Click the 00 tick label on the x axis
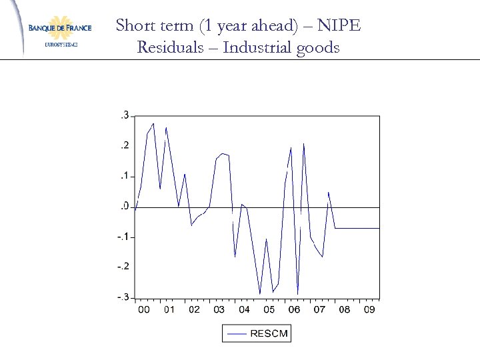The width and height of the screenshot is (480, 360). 143,310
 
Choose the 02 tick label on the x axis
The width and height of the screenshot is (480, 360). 194,310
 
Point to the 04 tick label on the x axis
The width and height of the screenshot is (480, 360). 244,310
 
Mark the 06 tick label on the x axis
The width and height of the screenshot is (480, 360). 294,310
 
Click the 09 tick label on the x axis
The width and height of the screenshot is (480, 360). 369,310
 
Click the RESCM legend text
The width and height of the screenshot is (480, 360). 269,333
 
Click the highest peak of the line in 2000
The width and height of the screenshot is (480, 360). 153,123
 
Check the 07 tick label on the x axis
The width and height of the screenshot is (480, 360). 319,310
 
